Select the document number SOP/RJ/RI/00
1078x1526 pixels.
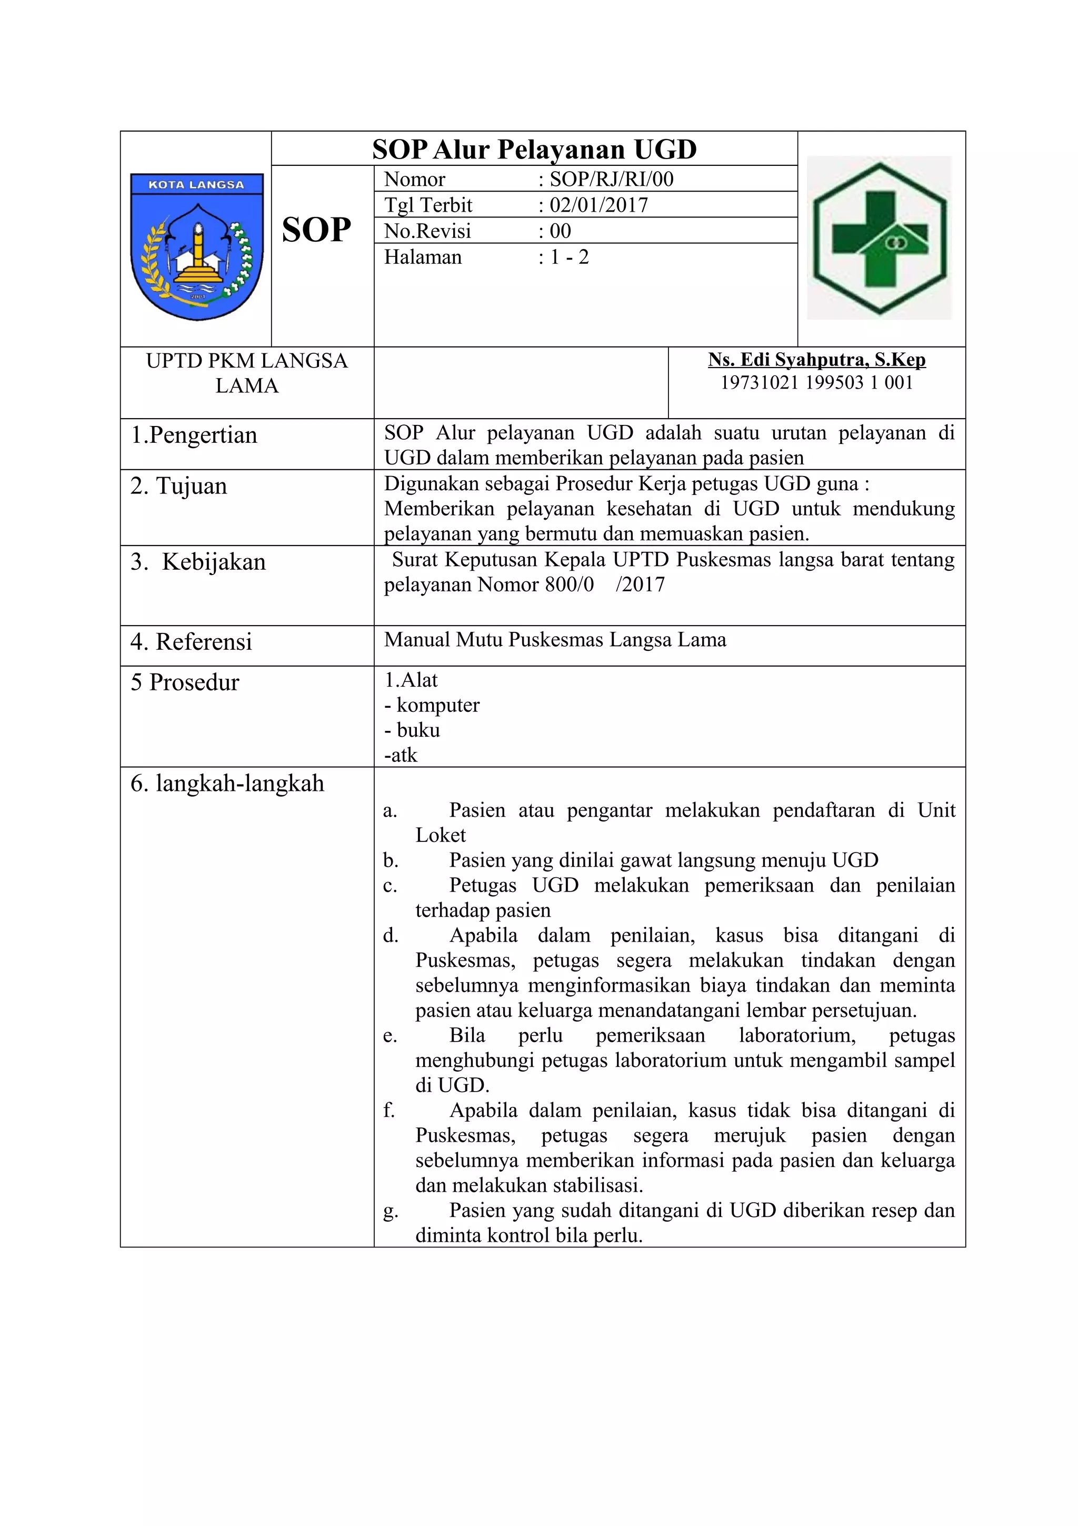coord(611,180)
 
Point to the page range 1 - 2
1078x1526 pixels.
coord(568,257)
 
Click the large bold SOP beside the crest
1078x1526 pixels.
coord(316,231)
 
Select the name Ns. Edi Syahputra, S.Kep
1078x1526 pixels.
coord(816,360)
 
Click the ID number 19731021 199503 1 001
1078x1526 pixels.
coord(816,383)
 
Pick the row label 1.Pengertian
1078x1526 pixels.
coord(194,435)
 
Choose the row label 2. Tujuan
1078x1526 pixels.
coord(178,486)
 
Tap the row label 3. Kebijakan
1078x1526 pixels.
coord(198,562)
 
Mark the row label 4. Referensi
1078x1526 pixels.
coord(191,642)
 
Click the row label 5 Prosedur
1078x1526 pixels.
coord(185,682)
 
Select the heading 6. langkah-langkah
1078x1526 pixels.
coord(227,784)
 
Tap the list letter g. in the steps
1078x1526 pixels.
coord(391,1212)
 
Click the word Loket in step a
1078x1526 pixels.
coord(441,836)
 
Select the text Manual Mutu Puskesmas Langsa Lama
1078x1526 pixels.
coord(555,640)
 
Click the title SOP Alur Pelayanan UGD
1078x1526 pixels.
coord(534,149)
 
